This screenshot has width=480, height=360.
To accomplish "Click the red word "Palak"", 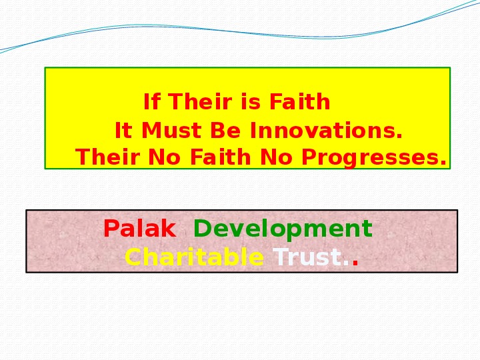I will pyautogui.click(x=139, y=229).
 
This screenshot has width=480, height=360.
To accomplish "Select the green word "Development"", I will pyautogui.click(x=283, y=229).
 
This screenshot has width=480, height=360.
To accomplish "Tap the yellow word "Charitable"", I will pyautogui.click(x=194, y=257).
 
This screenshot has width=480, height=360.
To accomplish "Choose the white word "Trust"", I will pyautogui.click(x=307, y=257).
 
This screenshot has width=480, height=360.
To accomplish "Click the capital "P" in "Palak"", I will pyautogui.click(x=111, y=229).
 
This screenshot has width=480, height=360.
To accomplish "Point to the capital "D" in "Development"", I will pyautogui.click(x=201, y=229).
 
